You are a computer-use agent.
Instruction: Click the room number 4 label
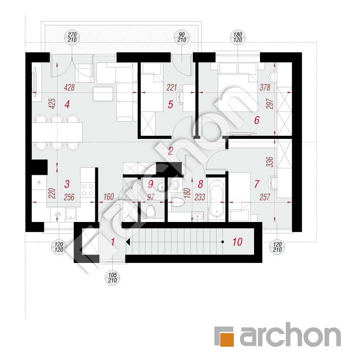(x=67, y=105)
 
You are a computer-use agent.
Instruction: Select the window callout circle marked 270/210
(x=72, y=37)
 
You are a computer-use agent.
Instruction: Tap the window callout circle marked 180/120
(x=238, y=37)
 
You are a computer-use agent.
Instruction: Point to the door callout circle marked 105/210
(x=113, y=278)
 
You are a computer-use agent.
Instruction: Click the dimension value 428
(x=69, y=87)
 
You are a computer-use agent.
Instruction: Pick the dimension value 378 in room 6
(x=265, y=87)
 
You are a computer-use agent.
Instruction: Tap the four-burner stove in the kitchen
(x=88, y=189)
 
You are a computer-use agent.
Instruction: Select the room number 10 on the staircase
(x=237, y=242)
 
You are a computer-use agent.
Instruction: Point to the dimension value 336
(x=270, y=162)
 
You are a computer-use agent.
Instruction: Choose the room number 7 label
(x=257, y=184)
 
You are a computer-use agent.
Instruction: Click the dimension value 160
(x=108, y=197)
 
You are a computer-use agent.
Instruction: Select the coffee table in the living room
(x=103, y=94)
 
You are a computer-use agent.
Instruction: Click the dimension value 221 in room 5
(x=171, y=87)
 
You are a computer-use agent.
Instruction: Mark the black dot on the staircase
(x=222, y=242)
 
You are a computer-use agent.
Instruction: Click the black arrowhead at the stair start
(x=128, y=242)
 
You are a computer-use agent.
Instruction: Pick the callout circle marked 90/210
(x=181, y=37)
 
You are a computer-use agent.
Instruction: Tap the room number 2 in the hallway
(x=171, y=151)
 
